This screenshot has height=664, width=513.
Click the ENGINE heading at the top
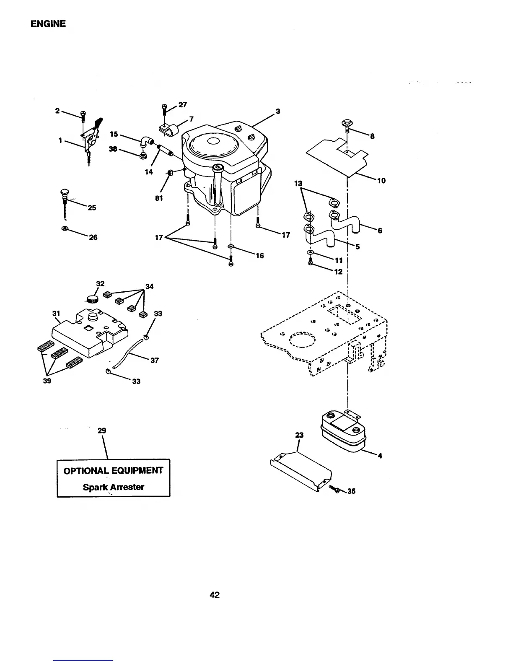pos(48,24)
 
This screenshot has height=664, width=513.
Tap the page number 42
pos(215,595)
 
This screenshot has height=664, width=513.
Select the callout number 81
pos(159,198)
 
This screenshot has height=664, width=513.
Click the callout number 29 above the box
pos(102,431)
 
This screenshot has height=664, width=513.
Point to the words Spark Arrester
pos(113,487)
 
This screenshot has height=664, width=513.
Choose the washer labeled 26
pos(65,228)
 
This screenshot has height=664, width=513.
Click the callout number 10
pos(381,181)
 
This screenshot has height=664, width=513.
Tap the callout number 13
pos(298,184)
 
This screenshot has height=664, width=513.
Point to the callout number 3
pos(277,111)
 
